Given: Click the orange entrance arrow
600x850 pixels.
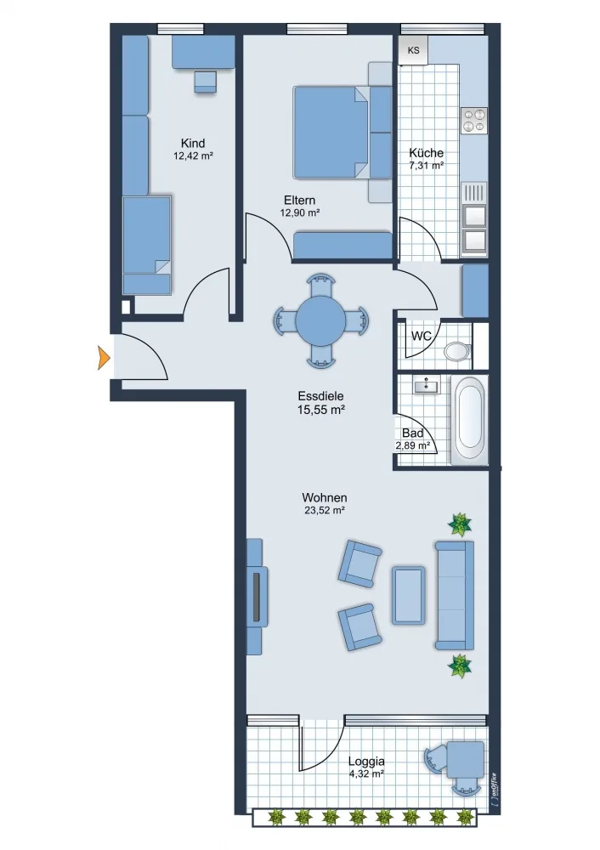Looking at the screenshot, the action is pyautogui.click(x=104, y=358).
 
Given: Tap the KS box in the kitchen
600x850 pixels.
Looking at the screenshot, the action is pyautogui.click(x=414, y=50).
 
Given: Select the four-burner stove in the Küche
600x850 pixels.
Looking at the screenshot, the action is pyautogui.click(x=473, y=121).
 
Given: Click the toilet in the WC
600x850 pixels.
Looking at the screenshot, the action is pyautogui.click(x=457, y=351).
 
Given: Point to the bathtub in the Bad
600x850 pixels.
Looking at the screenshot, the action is pyautogui.click(x=469, y=421).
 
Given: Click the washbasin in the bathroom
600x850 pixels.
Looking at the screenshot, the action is pyautogui.click(x=427, y=385).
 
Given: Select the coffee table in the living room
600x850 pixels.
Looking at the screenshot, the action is pyautogui.click(x=408, y=595).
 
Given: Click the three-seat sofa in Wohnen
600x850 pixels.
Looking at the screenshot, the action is pyautogui.click(x=455, y=595).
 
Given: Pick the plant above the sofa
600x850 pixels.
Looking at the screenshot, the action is pyautogui.click(x=460, y=524).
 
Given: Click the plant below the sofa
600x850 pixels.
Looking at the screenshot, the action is pyautogui.click(x=460, y=666).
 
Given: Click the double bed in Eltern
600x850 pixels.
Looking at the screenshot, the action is pyautogui.click(x=342, y=133).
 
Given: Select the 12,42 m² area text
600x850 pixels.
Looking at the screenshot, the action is pyautogui.click(x=193, y=156).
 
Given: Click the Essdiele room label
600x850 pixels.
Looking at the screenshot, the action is pyautogui.click(x=321, y=396).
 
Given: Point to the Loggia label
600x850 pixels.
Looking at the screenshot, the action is pyautogui.click(x=366, y=761).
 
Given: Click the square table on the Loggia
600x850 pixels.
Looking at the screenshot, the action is pyautogui.click(x=466, y=759).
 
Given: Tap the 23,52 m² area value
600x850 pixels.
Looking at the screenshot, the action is pyautogui.click(x=324, y=510).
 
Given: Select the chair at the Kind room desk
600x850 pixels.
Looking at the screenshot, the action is pyautogui.click(x=206, y=82).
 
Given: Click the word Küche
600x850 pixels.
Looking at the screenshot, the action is pyautogui.click(x=426, y=153).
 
